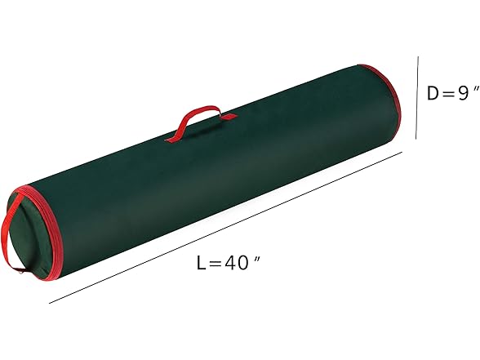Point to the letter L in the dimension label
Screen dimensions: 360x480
point(201,263)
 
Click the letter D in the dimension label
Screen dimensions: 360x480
point(433,93)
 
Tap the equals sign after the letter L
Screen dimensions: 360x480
point(218,264)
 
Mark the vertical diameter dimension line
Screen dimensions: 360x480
point(417,98)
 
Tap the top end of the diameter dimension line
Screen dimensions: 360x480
point(418,56)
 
